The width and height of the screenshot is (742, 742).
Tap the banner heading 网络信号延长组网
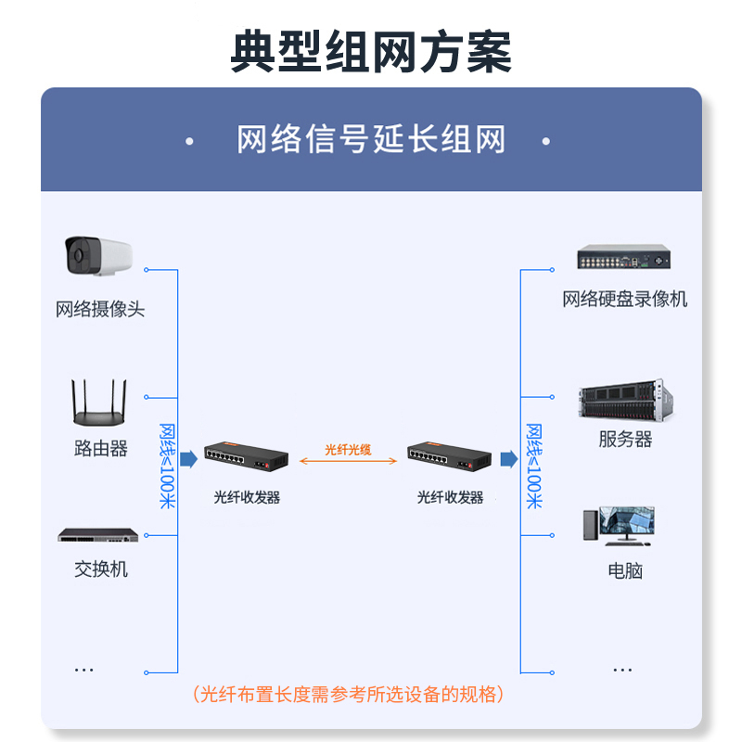371,141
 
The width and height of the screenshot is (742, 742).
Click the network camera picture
97,255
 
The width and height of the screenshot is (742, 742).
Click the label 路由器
100,449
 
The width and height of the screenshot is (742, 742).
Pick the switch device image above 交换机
98,535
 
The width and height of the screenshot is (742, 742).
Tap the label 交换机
101,569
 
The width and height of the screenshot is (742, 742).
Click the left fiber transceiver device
246,456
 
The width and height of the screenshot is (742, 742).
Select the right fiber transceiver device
450,456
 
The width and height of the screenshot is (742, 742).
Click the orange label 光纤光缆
348,450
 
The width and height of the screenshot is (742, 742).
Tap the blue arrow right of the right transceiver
508,459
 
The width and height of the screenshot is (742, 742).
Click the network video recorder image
623,257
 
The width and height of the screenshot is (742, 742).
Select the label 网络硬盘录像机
624,299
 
